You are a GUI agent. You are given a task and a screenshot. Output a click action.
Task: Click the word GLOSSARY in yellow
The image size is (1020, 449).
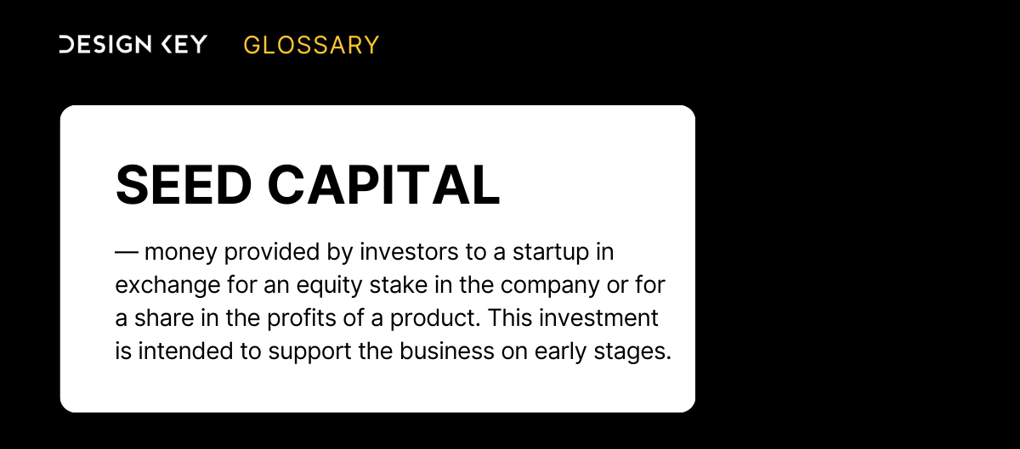coord(311,45)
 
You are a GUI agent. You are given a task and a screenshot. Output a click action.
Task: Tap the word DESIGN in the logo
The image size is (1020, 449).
coord(105,44)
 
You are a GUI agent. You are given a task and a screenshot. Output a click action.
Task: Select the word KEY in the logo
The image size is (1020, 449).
coord(185,44)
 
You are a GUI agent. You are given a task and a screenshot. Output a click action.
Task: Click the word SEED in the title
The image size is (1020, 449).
coord(184,185)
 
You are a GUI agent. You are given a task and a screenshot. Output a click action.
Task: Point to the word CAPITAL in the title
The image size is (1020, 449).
coord(384,185)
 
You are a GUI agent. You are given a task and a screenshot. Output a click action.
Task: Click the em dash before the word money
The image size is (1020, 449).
coord(127,251)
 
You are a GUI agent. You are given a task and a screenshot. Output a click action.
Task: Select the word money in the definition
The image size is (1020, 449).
coord(181,252)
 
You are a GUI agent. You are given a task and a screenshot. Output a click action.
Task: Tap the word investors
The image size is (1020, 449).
coord(409,251)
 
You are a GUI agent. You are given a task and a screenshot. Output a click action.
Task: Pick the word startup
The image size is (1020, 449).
coord(551,252)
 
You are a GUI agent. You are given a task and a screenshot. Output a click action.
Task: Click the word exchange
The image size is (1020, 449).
coord(168,286)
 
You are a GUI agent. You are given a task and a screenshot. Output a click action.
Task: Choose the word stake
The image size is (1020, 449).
coord(399,285)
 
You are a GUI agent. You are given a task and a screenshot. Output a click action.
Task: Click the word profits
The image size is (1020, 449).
coord(302,318)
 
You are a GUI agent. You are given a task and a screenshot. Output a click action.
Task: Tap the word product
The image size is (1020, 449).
coord(435,318)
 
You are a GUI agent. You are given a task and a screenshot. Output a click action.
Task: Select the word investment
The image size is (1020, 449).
coord(598,318)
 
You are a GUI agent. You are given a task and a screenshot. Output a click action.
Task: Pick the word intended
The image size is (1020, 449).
coord(186,351)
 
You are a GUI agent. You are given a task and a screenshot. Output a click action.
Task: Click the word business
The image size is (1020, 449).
coord(447,351)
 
